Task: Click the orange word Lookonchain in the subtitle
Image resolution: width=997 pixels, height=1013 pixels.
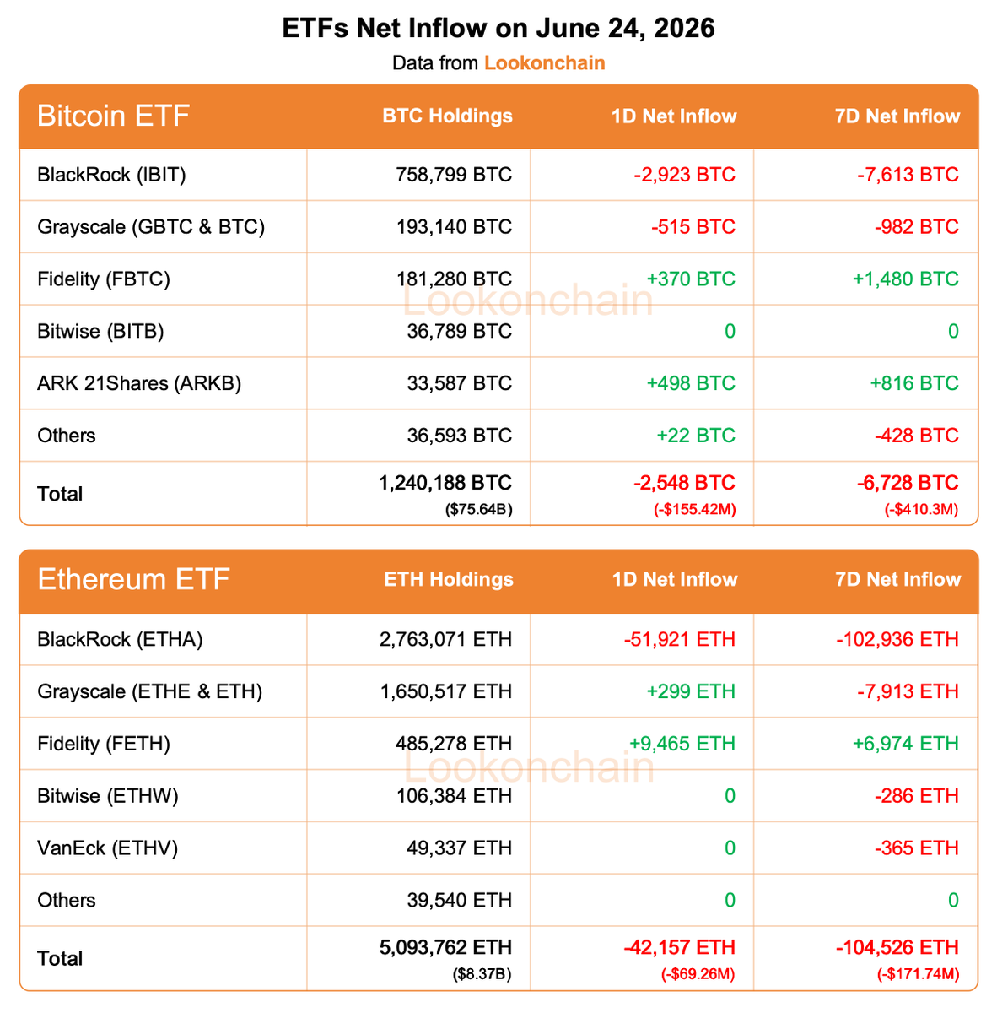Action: pyautogui.click(x=544, y=63)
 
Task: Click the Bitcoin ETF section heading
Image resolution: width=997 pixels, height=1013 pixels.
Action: pyautogui.click(x=113, y=116)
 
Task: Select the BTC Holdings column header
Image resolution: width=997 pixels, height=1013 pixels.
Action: pyautogui.click(x=447, y=116)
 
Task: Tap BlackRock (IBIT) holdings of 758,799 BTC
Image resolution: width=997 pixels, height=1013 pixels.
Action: pyautogui.click(x=453, y=175)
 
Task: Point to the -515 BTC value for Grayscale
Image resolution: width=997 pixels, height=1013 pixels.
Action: pyautogui.click(x=693, y=226)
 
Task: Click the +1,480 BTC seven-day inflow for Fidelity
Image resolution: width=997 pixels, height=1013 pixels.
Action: pyautogui.click(x=905, y=279)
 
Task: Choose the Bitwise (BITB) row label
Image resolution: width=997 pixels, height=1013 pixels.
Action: pyautogui.click(x=100, y=331)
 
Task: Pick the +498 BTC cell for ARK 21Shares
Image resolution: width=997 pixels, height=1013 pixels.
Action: pyautogui.click(x=690, y=383)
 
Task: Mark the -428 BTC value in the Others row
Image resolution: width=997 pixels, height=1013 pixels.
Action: pyautogui.click(x=916, y=436)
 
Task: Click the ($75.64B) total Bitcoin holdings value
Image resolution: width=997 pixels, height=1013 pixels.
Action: pyautogui.click(x=478, y=509)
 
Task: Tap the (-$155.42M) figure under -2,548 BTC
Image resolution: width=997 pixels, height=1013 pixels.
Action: pyautogui.click(x=694, y=509)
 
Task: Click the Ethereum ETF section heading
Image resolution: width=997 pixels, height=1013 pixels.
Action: pyautogui.click(x=133, y=579)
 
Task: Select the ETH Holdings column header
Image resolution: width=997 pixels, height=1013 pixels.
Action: pyautogui.click(x=449, y=579)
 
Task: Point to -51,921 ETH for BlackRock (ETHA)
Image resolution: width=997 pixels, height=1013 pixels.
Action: pyautogui.click(x=679, y=639)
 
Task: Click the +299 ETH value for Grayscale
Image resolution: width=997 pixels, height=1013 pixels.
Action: pyautogui.click(x=690, y=691)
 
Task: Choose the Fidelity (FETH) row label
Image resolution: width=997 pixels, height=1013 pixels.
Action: pyautogui.click(x=104, y=744)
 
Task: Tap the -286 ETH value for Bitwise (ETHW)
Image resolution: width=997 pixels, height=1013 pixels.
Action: pyautogui.click(x=916, y=796)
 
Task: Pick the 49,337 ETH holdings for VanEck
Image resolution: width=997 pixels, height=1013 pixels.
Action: pyautogui.click(x=459, y=848)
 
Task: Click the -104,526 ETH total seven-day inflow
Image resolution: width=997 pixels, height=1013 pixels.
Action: pyautogui.click(x=897, y=947)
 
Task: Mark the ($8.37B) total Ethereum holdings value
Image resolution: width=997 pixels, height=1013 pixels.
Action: pyautogui.click(x=482, y=973)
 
